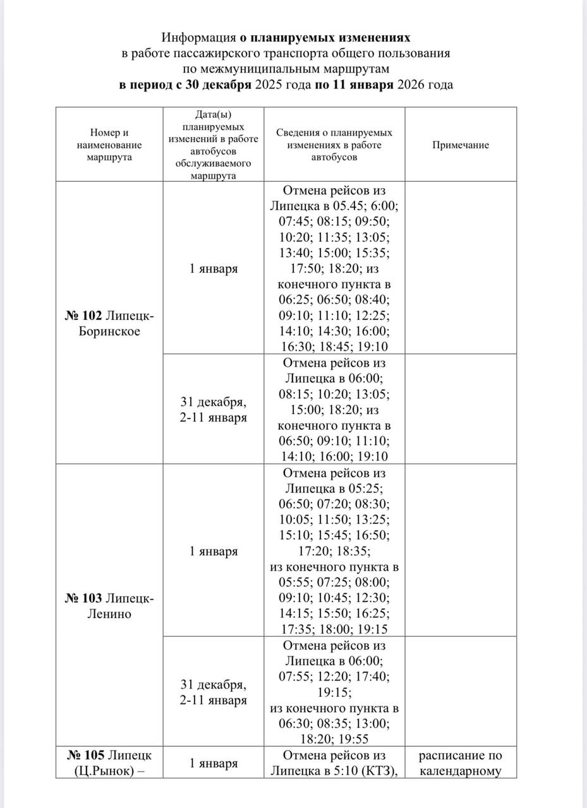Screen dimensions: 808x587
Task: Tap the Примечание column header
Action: pyautogui.click(x=461, y=145)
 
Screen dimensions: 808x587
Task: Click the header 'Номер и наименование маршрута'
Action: pyautogui.click(x=109, y=145)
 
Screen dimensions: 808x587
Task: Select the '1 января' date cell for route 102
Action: pyautogui.click(x=214, y=269)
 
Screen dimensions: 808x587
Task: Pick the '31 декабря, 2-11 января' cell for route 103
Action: pyautogui.click(x=214, y=692)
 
